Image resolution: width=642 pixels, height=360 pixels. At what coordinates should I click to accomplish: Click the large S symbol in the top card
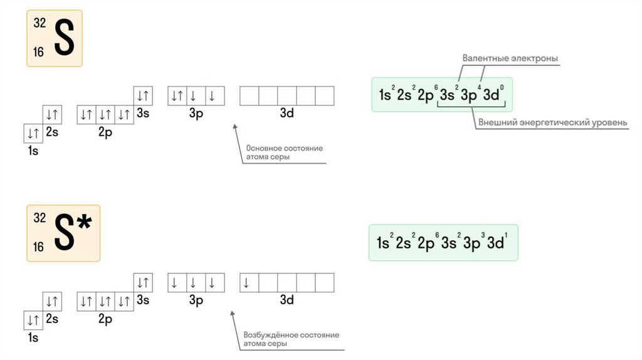pos(64,38)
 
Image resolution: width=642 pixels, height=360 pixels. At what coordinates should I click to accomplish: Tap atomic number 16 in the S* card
pos(39,247)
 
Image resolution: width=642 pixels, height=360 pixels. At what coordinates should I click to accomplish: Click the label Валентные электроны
pos(510,58)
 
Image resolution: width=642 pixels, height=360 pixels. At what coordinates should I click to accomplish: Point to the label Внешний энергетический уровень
pos(552,123)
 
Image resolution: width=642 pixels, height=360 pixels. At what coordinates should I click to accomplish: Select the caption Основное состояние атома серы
pos(284,152)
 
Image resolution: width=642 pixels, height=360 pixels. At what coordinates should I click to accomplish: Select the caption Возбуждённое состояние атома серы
pos(291,339)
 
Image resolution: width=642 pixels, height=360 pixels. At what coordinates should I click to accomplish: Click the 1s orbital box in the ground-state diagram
pos(33,133)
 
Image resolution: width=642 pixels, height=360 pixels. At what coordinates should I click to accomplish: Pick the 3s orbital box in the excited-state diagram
pos(143,283)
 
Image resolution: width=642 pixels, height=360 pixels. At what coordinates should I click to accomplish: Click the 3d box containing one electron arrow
pos(249,283)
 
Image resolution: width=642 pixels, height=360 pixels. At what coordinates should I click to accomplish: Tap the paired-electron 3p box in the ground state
pos(177,96)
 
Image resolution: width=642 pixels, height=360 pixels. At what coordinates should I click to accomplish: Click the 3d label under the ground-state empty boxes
pos(287,114)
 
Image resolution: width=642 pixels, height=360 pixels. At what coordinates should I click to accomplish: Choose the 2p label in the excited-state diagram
pos(105,319)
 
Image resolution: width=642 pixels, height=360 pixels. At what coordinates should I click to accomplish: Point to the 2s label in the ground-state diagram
pos(52,132)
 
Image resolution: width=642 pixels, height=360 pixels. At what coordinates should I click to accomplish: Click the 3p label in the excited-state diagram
pos(196,300)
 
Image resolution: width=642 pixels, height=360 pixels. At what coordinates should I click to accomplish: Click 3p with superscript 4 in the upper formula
pos(470,95)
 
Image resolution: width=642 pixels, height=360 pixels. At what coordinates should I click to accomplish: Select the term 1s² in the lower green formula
pos(384,243)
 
